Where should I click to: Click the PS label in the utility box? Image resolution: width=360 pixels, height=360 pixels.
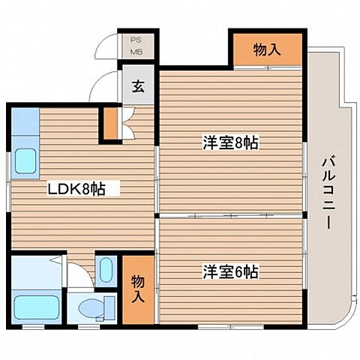[137, 40]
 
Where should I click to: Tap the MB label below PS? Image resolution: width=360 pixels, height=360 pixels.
[137, 52]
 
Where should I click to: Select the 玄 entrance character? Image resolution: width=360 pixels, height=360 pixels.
[139, 85]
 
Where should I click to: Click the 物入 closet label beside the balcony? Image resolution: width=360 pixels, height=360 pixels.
[267, 50]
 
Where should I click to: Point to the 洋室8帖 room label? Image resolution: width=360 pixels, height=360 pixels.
[229, 142]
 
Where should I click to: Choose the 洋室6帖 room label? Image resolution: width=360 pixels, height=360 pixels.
[229, 271]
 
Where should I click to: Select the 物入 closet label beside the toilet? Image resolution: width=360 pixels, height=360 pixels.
[138, 288]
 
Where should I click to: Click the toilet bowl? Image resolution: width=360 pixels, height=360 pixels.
[91, 308]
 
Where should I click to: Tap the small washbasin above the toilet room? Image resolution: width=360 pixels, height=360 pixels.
[105, 268]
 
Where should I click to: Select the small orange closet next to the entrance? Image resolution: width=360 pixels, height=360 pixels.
[110, 124]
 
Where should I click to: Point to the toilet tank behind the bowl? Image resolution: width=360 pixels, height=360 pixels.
[109, 308]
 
